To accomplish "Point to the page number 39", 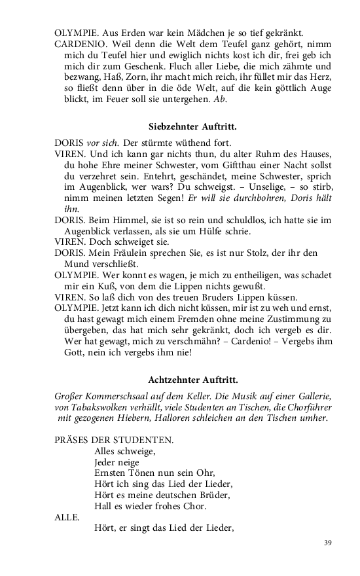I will click(328, 543).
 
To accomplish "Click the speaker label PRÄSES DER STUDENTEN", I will click(105, 441).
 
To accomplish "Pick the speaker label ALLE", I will click(66, 517).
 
